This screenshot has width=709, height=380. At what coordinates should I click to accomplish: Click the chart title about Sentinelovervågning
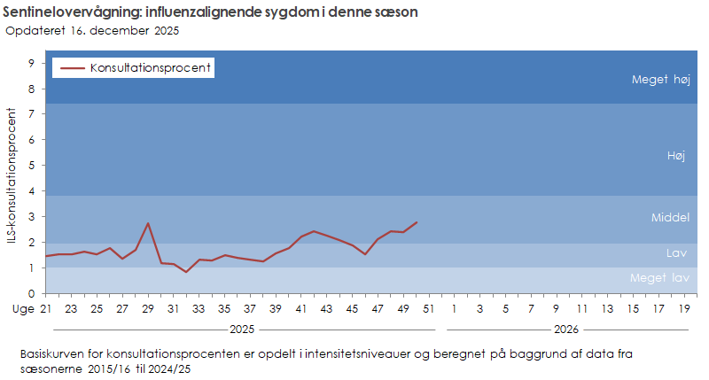211,13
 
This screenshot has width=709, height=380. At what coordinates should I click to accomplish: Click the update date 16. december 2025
93,31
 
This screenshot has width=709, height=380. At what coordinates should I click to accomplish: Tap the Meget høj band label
660,79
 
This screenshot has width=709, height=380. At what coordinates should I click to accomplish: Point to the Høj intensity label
676,155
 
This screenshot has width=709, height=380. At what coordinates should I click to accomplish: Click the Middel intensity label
670,217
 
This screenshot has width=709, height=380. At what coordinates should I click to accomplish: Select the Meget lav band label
659,278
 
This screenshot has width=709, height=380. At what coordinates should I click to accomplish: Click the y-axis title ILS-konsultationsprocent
12,177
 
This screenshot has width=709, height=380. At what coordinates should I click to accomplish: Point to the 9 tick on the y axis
31,63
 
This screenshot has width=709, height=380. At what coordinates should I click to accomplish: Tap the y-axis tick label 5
31,166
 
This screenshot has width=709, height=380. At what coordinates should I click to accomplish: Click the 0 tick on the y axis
31,293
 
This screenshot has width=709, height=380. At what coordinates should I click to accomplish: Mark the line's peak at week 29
148,223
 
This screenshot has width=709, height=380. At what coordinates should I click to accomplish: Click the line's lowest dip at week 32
186,272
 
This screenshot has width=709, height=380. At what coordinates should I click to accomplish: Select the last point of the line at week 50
417,222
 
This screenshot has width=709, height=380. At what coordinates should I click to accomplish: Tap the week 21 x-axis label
46,308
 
